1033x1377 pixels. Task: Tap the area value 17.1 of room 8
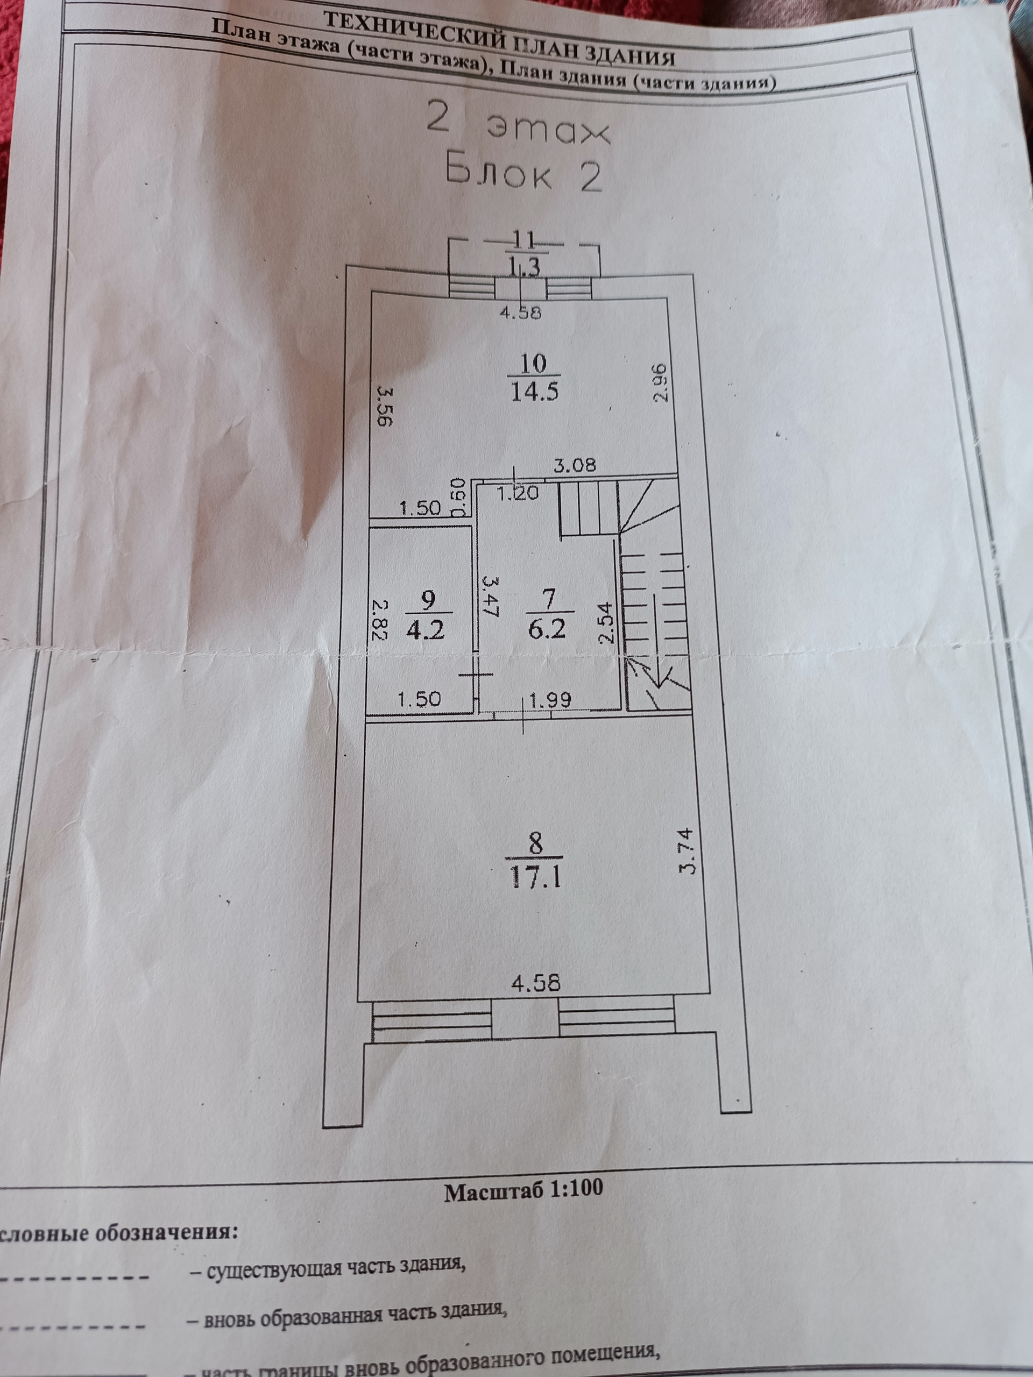pyautogui.click(x=535, y=878)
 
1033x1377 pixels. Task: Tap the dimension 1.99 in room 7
pyautogui.click(x=550, y=700)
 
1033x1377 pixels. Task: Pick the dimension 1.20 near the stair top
pyautogui.click(x=518, y=494)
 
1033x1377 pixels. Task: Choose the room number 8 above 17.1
pyautogui.click(x=535, y=846)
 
